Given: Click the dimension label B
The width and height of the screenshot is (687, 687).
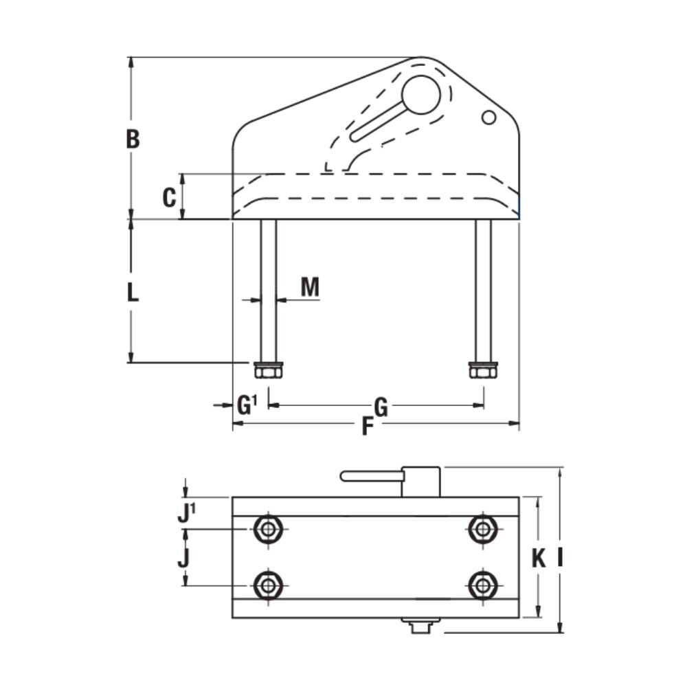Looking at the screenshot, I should pyautogui.click(x=133, y=139).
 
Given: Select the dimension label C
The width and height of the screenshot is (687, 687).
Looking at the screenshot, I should pyautogui.click(x=169, y=198).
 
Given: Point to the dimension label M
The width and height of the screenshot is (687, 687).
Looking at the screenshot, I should pyautogui.click(x=310, y=287).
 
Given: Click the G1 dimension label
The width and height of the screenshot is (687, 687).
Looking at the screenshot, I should pyautogui.click(x=246, y=406).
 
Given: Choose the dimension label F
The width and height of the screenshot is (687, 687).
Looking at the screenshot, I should pyautogui.click(x=368, y=427).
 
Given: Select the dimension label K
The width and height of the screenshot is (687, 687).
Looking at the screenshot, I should pyautogui.click(x=539, y=560).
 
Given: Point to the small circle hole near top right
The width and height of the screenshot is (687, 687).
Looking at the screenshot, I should pyautogui.click(x=488, y=117).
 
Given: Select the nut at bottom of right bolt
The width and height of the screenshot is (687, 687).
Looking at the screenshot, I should pyautogui.click(x=483, y=371).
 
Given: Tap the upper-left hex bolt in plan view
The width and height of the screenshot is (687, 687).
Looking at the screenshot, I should pyautogui.click(x=268, y=529).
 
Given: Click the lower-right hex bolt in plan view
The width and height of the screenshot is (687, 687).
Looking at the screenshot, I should pyautogui.click(x=484, y=585).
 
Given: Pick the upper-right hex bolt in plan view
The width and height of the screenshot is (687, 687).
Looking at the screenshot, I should pyautogui.click(x=484, y=529).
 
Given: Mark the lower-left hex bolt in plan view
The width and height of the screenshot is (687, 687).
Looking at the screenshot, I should pyautogui.click(x=268, y=585).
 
